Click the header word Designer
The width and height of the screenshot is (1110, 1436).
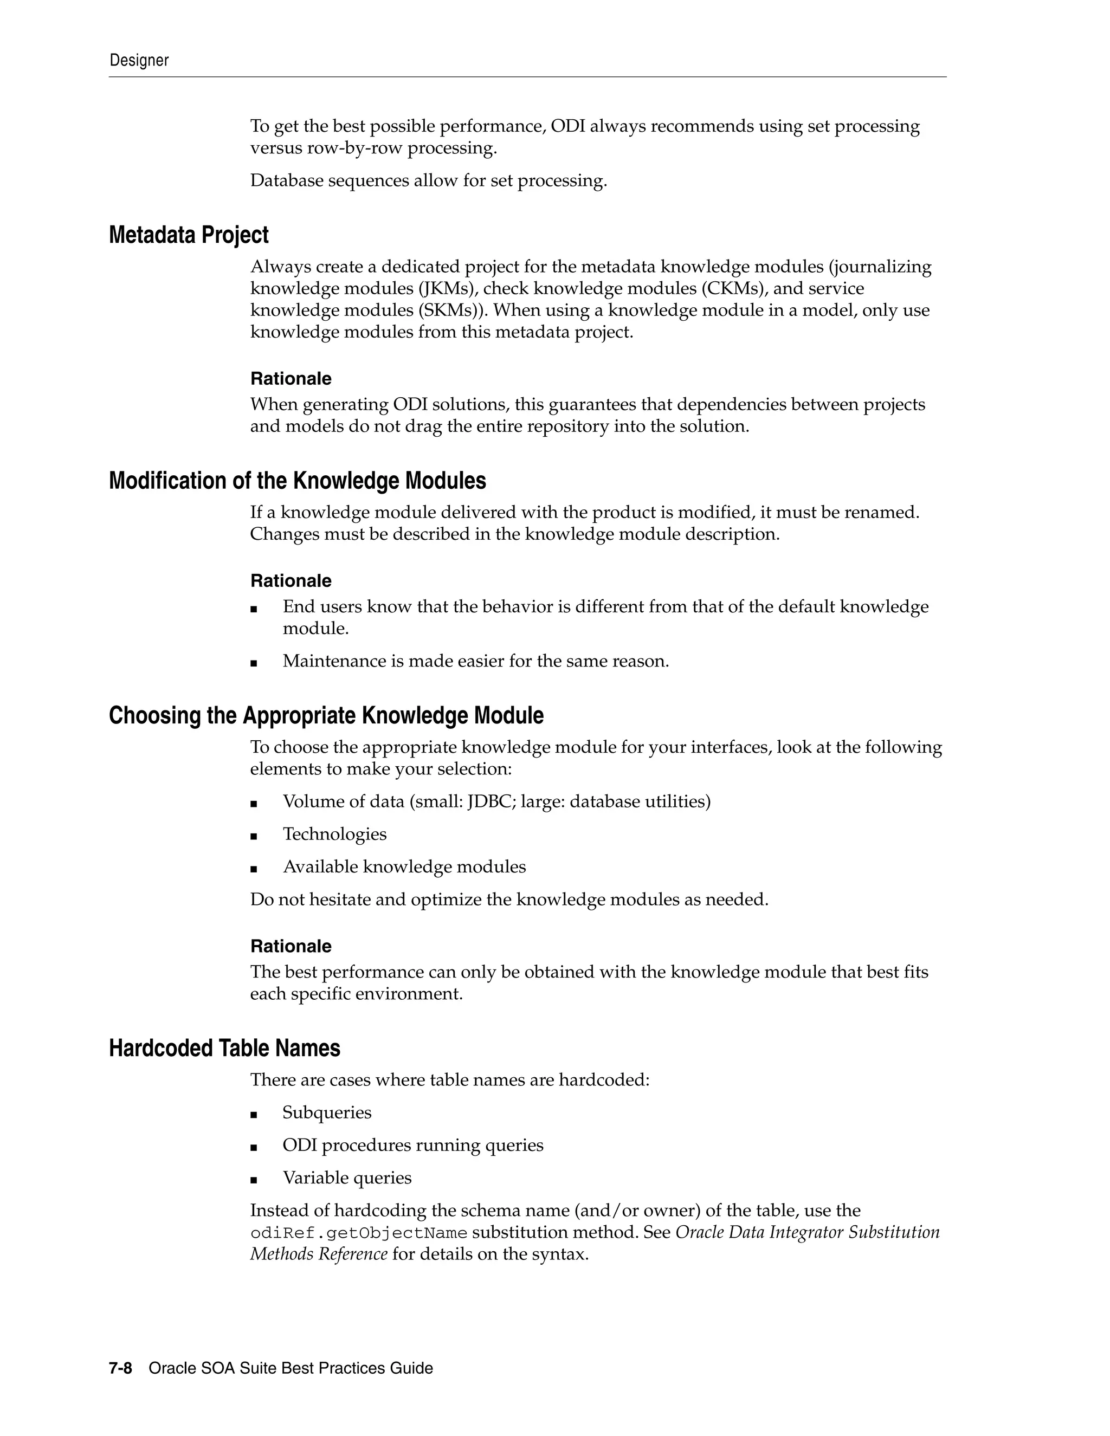coord(139,61)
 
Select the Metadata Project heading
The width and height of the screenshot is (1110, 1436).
coord(189,235)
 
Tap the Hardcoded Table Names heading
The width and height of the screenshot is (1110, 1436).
coord(224,1048)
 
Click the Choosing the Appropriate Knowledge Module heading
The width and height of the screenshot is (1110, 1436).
coord(326,715)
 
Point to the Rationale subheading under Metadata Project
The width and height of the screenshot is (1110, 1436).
coord(291,379)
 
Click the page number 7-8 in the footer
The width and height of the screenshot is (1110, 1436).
coord(120,1368)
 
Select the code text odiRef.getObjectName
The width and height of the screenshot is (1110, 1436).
coord(358,1233)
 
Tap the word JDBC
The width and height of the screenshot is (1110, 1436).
coord(485,801)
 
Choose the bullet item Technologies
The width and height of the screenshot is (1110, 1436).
coord(335,835)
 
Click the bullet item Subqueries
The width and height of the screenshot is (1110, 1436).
coord(327,1112)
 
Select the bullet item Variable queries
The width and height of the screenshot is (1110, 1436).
coord(347,1178)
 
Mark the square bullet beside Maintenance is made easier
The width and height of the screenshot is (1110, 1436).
coord(254,663)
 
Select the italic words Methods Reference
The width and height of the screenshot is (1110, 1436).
coord(318,1254)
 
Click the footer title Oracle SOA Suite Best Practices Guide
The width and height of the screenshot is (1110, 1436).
coord(291,1368)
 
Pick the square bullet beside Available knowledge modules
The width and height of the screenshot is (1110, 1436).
coord(254,868)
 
